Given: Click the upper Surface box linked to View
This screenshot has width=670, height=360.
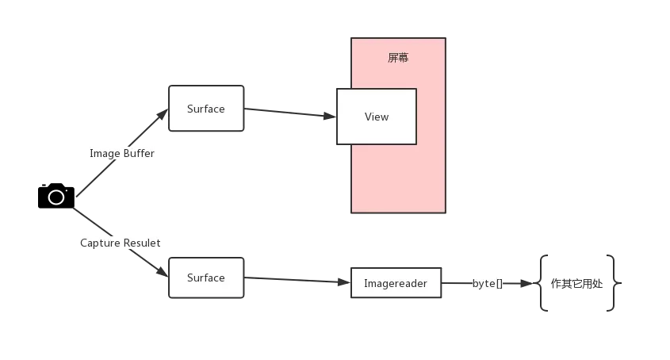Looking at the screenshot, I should tap(206, 109).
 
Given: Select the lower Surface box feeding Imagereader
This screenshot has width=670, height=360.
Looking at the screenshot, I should tap(206, 278).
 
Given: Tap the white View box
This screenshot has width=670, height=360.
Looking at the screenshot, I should tap(377, 117).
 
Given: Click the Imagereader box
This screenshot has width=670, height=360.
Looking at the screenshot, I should tap(396, 283).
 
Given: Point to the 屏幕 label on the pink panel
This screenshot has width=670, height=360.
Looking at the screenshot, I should tap(398, 58).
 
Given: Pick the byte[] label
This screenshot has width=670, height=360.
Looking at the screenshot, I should tap(488, 283).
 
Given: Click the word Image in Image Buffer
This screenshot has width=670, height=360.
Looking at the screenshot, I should tap(105, 154).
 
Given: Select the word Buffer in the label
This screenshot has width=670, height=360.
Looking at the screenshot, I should tap(139, 154).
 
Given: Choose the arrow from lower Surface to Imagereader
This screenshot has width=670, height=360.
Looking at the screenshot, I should tap(297, 280).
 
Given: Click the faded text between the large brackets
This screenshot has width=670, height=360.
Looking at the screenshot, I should tap(577, 285).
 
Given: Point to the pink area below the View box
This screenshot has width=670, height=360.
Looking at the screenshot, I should tap(398, 178).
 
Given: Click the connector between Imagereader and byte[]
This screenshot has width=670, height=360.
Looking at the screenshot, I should tap(456, 283).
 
